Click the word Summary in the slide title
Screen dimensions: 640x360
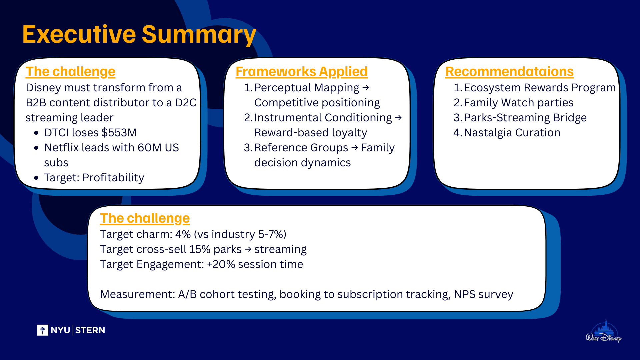coord(199,35)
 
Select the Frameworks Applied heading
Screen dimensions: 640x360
coord(302,72)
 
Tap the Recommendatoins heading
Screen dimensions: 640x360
coord(509,72)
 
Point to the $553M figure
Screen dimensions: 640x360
coord(119,133)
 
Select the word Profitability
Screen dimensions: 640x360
coord(113,178)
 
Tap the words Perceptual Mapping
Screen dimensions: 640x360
coord(307,88)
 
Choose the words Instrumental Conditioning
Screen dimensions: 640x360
coord(323,118)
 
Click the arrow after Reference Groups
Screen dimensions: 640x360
coord(355,147)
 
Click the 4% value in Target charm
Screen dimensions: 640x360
coord(183,234)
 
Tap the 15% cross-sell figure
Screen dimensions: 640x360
coord(200,249)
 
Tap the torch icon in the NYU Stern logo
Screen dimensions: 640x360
coord(43,330)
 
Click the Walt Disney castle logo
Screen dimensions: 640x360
coord(604,332)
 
